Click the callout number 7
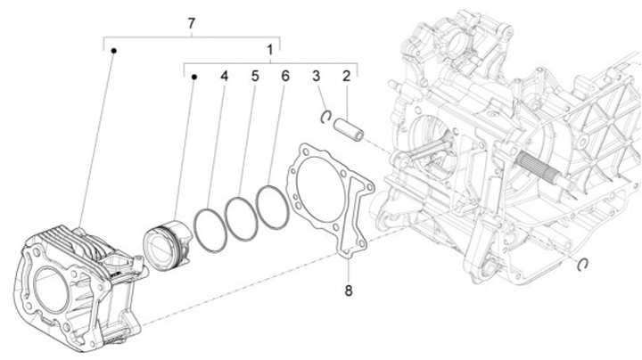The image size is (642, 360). click(191, 21)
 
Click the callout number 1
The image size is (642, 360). click(269, 50)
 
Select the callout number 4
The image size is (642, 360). click(225, 77)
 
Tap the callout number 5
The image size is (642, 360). click(254, 77)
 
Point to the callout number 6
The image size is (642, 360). click(284, 77)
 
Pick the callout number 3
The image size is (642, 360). click(316, 77)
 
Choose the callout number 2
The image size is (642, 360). click(346, 77)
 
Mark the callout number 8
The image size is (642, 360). click(349, 290)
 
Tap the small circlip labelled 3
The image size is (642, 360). click(327, 114)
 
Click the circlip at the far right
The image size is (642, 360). click(582, 261)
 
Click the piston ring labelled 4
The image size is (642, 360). click(210, 227)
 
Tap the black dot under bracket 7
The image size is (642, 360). click(114, 52)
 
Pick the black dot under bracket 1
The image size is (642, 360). click(193, 78)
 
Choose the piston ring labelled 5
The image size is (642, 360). click(241, 217)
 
